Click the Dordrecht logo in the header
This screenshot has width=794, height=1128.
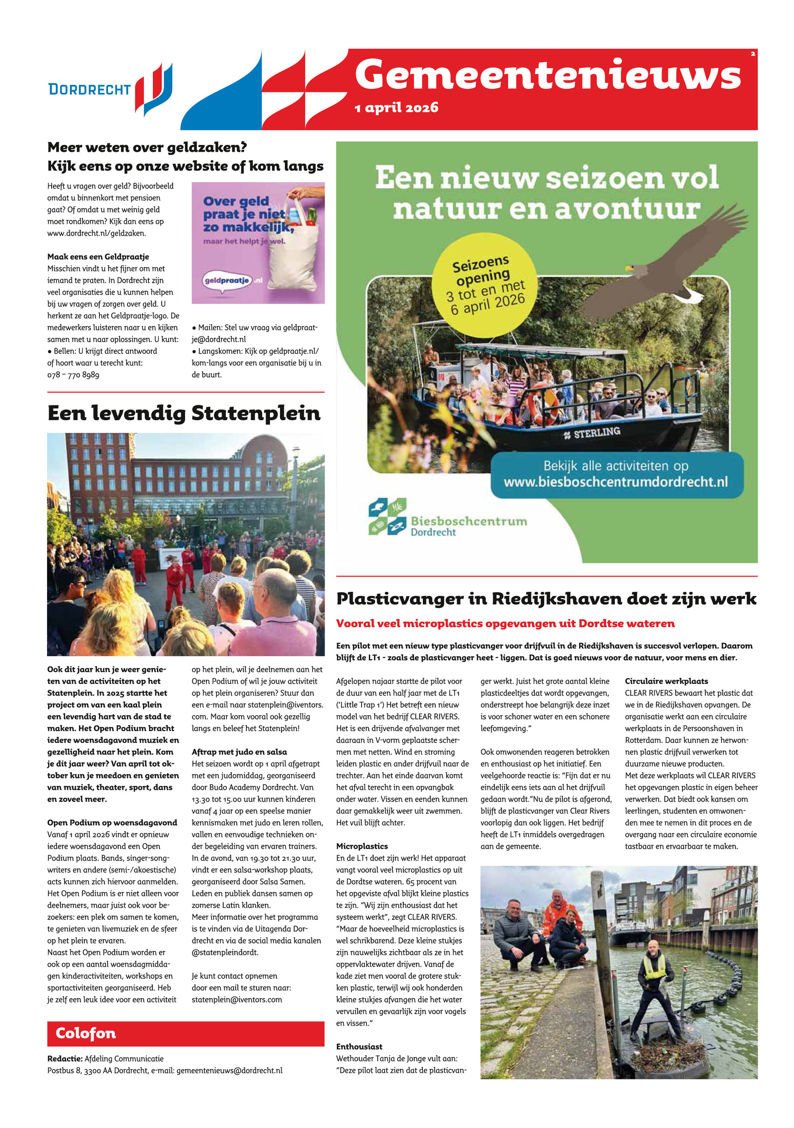[110, 89]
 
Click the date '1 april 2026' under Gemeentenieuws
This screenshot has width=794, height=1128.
[397, 108]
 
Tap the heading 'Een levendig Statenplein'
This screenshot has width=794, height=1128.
[184, 413]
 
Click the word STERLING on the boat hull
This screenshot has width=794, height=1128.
[596, 433]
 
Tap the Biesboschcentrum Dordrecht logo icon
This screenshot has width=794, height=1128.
[387, 517]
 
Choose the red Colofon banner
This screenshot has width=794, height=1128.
[186, 1034]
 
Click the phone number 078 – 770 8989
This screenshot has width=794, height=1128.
[73, 375]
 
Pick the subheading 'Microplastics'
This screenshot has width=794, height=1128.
[362, 846]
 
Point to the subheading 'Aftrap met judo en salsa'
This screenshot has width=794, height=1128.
[239, 752]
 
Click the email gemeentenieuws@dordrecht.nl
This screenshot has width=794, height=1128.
[229, 1070]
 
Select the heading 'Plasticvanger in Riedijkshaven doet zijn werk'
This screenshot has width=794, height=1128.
[546, 599]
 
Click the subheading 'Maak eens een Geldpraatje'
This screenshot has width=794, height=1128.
[98, 256]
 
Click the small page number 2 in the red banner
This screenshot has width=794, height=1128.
[752, 54]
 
